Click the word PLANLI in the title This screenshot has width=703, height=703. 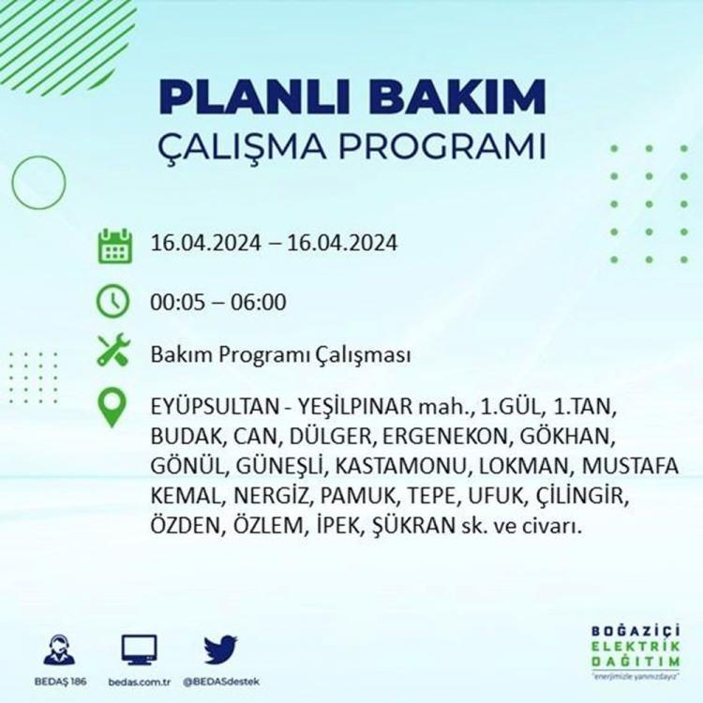pos(254,97)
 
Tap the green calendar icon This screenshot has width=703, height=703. pos(114,246)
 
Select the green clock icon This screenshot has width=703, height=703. pos(113,301)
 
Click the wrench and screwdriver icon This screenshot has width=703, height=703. pos(113,350)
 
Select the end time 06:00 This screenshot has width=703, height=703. pos(259,302)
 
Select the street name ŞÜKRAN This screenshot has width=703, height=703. pos(413,525)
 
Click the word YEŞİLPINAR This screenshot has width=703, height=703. pos(354,407)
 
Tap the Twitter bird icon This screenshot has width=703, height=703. pos(220,650)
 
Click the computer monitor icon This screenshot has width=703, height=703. pos(140,650)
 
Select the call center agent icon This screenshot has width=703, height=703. pos(59,650)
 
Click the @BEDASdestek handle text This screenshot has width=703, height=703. pos(221,682)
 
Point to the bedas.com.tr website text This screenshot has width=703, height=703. pos(140,682)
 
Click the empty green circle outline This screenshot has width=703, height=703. pos(12,183)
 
